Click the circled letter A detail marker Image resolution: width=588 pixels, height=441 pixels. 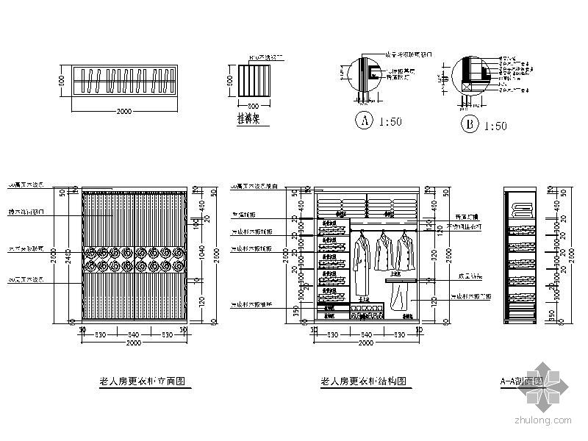pos(363,122)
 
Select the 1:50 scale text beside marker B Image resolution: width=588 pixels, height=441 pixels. pos(495,126)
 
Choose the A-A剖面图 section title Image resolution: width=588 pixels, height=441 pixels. pos(521,382)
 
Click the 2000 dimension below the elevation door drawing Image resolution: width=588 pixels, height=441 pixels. pos(134,344)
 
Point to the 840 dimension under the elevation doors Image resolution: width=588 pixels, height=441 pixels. pos(134,334)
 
